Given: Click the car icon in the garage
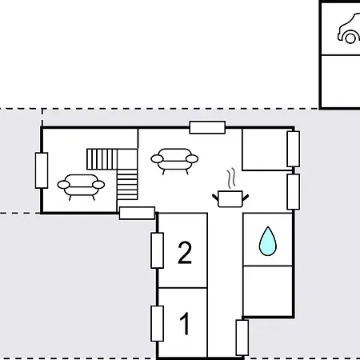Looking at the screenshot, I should pos(349,30).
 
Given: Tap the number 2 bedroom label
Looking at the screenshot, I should pos(185,254).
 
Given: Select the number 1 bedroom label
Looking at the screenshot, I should pos(185,325).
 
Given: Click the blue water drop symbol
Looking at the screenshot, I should pos(267,240).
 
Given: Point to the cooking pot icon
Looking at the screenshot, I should pos(230,197).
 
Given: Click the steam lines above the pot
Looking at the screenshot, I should pos(231,177).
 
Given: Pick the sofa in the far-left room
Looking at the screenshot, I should pos(81,186).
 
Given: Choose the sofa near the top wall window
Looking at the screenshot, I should pos(173,159).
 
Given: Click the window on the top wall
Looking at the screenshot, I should pos(207,126).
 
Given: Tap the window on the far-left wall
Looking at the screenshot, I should pos(42,170).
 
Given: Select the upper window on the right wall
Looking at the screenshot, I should pos(293,149).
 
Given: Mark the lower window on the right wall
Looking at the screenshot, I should pos(293,191).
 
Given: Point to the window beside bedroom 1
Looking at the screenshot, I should pos(158,322).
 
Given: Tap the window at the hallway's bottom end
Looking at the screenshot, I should pos(242,337).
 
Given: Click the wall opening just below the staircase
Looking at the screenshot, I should pos(137,213).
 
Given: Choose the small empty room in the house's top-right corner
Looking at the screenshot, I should pos(264,149).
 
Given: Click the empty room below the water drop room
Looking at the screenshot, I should pos(267,290).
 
